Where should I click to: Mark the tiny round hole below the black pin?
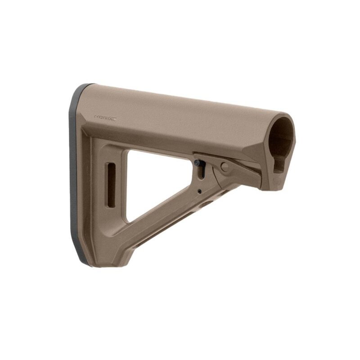pyautogui.click(x=199, y=191)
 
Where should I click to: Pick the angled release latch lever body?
pyautogui.click(x=238, y=173)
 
